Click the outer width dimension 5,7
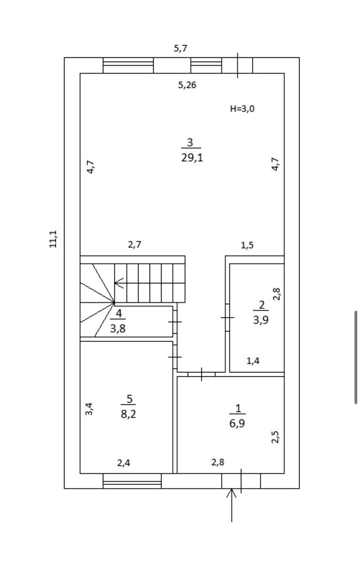[180, 48]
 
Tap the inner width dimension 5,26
[187, 85]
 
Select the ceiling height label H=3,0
[242, 109]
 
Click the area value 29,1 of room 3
[192, 158]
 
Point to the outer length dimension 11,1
[53, 239]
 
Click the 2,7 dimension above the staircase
[135, 244]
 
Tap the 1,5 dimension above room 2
[247, 245]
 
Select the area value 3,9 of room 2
[261, 320]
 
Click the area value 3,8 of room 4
[118, 329]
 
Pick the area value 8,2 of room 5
[129, 414]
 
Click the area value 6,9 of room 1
[237, 423]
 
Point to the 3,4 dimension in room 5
[89, 409]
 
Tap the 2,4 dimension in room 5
[124, 463]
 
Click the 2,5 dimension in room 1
[275, 437]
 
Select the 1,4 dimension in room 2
[253, 361]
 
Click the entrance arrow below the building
[231, 505]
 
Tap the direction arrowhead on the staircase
[119, 283]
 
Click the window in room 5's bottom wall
[132, 481]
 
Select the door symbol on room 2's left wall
[228, 317]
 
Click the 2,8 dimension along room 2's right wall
[277, 294]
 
